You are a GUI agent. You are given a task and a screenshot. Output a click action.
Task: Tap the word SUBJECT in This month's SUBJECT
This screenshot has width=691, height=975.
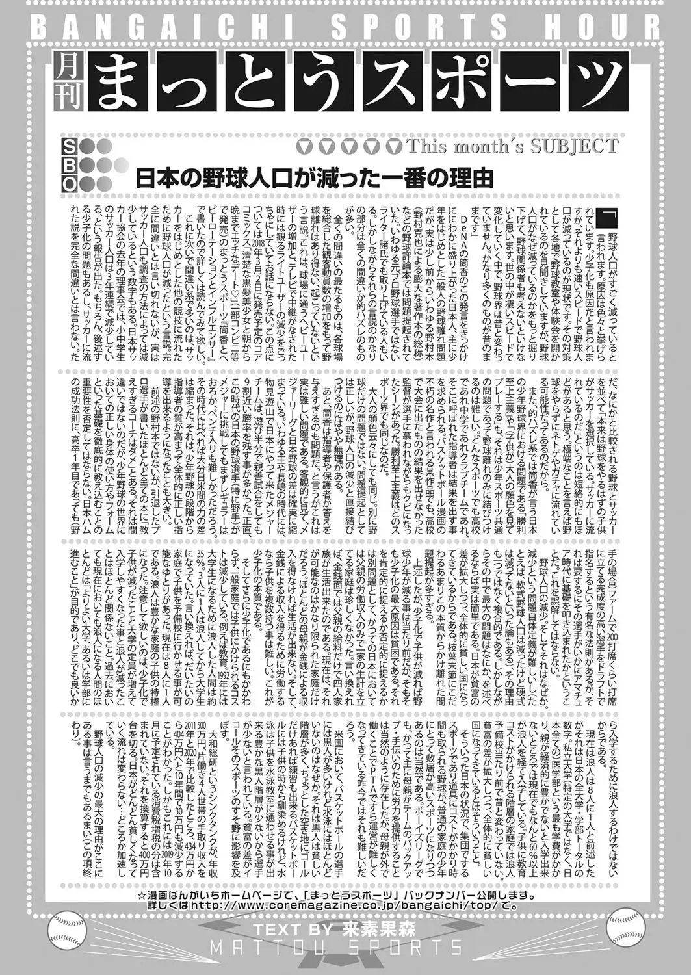coord(572,146)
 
